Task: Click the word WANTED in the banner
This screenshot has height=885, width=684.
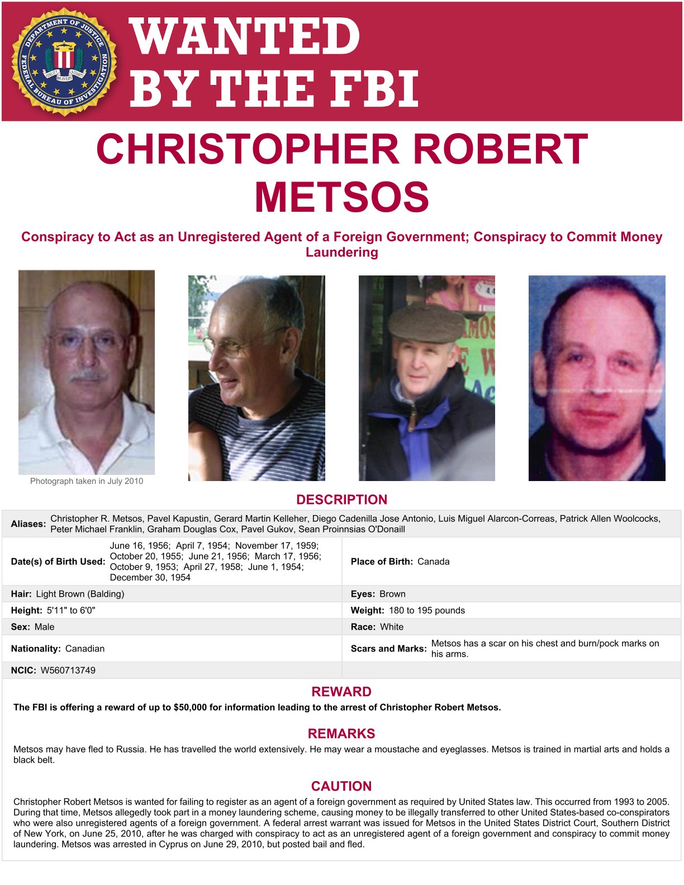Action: click(245, 36)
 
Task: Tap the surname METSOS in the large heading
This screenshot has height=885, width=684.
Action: click(341, 197)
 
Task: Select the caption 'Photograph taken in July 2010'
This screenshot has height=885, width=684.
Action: click(87, 481)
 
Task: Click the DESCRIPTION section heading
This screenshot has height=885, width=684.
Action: click(341, 499)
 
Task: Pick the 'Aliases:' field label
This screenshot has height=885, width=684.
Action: click(28, 524)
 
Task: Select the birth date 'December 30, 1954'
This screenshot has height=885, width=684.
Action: click(150, 577)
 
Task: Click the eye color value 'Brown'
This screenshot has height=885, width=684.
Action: click(392, 594)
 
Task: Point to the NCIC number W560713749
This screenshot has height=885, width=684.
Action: click(68, 670)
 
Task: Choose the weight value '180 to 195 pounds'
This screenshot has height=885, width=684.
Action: click(427, 610)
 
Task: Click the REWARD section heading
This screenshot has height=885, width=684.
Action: click(341, 692)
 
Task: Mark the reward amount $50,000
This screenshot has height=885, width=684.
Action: click(191, 707)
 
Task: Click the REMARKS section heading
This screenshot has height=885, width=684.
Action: click(341, 734)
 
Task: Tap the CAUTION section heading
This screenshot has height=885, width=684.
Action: click(341, 786)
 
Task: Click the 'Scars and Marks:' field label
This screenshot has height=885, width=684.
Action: click(388, 649)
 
